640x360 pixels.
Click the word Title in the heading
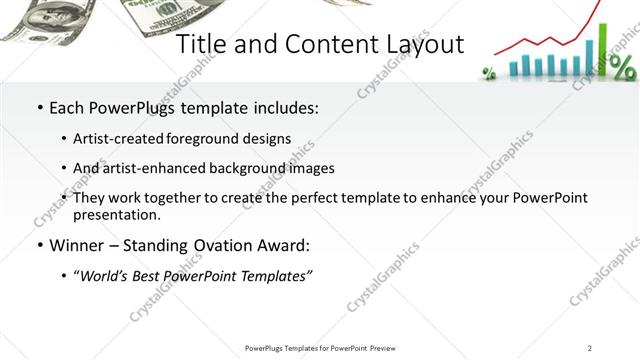(200, 44)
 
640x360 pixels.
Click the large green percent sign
(622, 67)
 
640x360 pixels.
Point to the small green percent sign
(490, 72)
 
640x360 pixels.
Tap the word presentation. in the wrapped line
(116, 214)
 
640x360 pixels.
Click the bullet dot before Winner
(39, 245)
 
